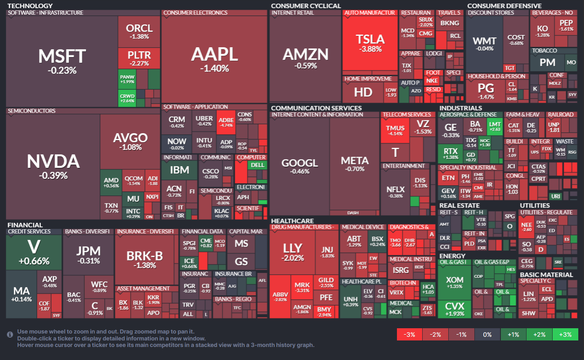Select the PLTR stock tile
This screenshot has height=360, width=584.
139,58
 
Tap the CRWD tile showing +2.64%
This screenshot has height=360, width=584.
127,99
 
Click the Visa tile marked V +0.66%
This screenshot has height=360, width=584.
34,252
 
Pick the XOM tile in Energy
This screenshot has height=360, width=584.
454,282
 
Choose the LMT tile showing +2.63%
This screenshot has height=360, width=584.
495,126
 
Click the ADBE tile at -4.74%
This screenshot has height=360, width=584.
226,122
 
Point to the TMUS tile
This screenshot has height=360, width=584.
395,130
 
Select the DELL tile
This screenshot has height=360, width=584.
258,165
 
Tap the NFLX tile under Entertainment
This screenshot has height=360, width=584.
395,191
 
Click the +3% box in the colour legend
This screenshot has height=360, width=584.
565,334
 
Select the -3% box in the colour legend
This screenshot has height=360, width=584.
409,334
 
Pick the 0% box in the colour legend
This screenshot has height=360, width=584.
487,334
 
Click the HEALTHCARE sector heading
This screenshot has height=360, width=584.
292,221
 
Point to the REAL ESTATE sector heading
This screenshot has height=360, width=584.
459,206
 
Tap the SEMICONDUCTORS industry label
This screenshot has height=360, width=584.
32,111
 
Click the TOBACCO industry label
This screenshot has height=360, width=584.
544,50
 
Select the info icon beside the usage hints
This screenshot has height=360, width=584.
10,334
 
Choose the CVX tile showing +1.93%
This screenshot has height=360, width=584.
454,309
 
